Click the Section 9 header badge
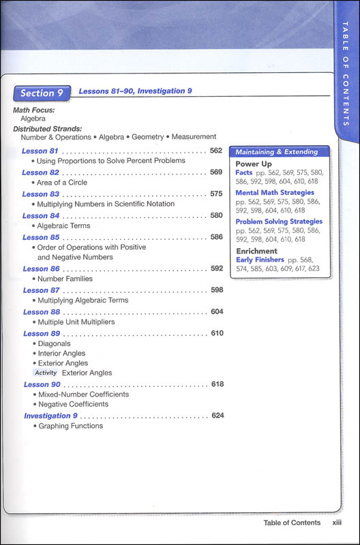pyautogui.click(x=42, y=93)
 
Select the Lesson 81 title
pyautogui.click(x=40, y=151)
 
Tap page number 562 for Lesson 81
pyautogui.click(x=216, y=151)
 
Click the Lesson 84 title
pyautogui.click(x=41, y=216)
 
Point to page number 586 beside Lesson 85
pyautogui.click(x=217, y=237)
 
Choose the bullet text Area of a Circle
pyautogui.click(x=62, y=183)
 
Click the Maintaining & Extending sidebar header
pyautogui.click(x=277, y=151)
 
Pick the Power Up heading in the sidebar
pyautogui.click(x=254, y=164)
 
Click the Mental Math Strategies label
pyautogui.click(x=275, y=193)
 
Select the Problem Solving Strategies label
pyautogui.click(x=279, y=221)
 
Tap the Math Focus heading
pyautogui.click(x=34, y=110)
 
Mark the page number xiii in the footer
pyautogui.click(x=333, y=523)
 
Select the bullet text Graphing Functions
pyautogui.click(x=71, y=426)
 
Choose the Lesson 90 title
pyautogui.click(x=42, y=384)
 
